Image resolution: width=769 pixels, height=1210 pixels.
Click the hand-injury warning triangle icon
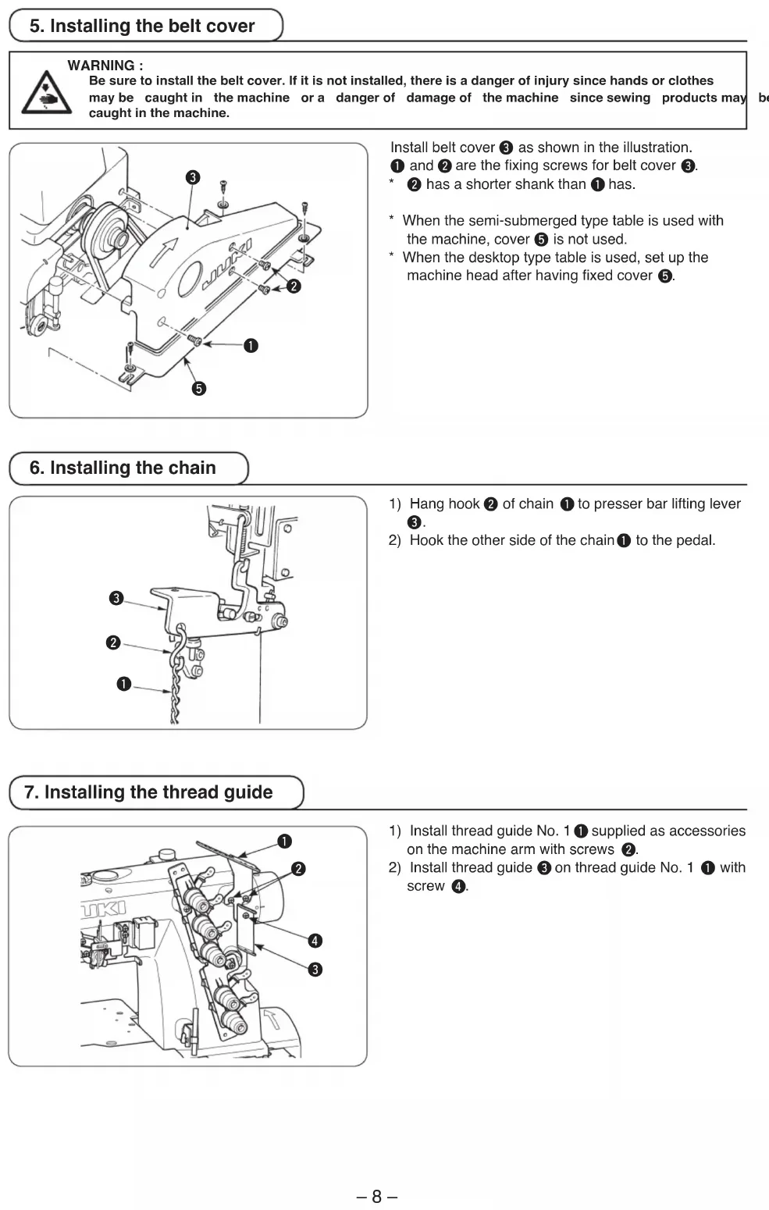point(46,93)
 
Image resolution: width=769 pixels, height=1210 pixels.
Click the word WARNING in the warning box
point(101,66)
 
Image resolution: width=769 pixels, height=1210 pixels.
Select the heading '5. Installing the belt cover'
point(142,26)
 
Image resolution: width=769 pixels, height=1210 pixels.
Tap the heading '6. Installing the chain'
point(123,468)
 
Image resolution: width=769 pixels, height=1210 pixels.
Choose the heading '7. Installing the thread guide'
point(148,792)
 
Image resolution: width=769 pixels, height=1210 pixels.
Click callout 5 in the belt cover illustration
point(199,389)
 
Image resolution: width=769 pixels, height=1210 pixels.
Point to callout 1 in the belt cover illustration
point(251,345)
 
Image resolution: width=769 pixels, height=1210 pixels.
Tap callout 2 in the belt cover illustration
point(294,286)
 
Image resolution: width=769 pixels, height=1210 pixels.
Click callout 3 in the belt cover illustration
point(194,178)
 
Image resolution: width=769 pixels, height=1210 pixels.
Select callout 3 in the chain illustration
point(116,599)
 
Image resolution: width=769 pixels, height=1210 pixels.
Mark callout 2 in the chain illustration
point(113,642)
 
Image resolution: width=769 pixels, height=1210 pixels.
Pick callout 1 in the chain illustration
point(123,684)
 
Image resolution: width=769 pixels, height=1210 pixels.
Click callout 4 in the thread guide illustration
point(315,941)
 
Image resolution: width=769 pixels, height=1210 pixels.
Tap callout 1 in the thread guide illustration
point(285,841)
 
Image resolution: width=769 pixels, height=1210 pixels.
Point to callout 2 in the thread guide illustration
point(298,869)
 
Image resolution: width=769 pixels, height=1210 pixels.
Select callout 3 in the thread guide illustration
point(315,970)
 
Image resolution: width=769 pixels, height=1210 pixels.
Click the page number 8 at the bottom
point(376,1197)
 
